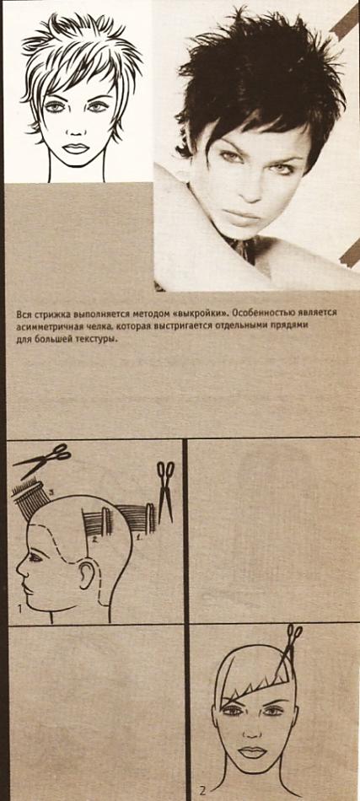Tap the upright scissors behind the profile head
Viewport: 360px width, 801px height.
pos(165,492)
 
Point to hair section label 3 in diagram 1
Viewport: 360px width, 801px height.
pos(51,492)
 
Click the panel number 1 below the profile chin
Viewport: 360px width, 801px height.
pos(19,609)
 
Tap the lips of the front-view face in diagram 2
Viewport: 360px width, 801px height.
pos(253,752)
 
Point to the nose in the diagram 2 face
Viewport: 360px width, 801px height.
pos(251,732)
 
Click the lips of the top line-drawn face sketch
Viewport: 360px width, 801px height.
pos(76,148)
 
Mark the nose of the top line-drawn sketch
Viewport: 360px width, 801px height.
pos(76,131)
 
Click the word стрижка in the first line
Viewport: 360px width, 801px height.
pos(46,313)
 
